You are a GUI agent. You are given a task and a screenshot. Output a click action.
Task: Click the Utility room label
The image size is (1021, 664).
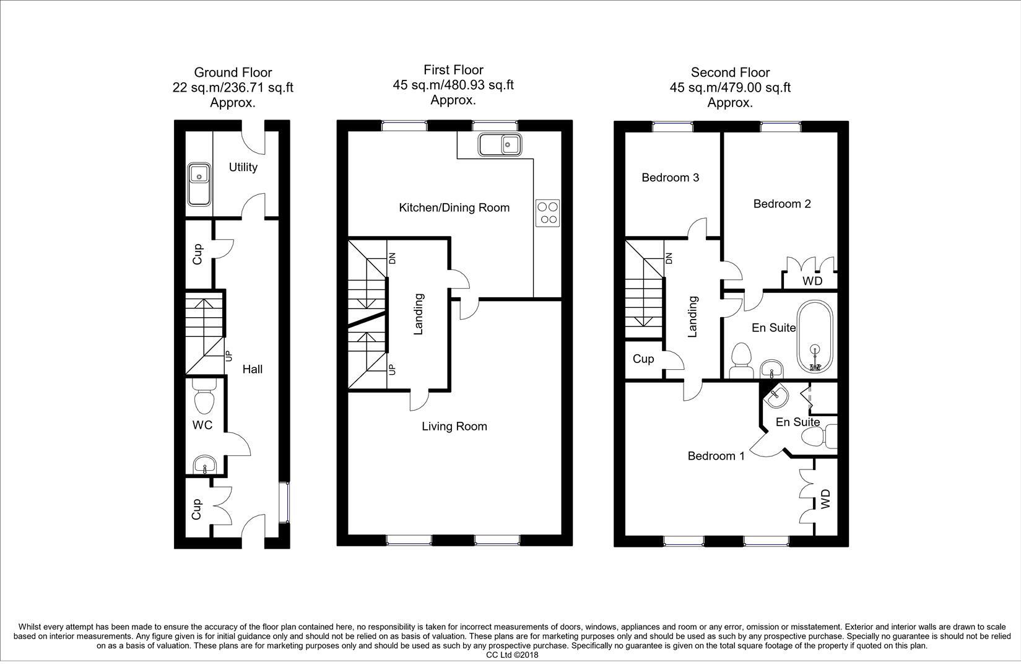pyautogui.click(x=243, y=167)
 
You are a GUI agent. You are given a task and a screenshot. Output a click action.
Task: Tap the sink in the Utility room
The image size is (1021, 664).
pyautogui.click(x=199, y=183)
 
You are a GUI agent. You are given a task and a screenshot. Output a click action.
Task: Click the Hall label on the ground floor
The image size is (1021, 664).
pyautogui.click(x=252, y=369)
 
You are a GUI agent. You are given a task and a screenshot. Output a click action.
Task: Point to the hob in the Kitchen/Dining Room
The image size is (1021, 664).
pyautogui.click(x=547, y=212)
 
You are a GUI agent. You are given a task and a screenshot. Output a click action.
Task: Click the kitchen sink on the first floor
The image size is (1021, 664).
pyautogui.click(x=500, y=145)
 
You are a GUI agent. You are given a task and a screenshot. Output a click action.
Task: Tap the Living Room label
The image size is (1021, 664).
pyautogui.click(x=454, y=426)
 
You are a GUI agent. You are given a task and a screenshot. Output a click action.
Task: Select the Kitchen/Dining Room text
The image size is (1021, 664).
pyautogui.click(x=454, y=207)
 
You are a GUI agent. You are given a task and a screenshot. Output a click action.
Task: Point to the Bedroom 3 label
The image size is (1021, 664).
pyautogui.click(x=670, y=178)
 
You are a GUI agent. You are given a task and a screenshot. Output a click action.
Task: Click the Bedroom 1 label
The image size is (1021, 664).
pyautogui.click(x=716, y=456)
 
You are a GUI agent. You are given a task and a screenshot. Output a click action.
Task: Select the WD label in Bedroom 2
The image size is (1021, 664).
pyautogui.click(x=812, y=281)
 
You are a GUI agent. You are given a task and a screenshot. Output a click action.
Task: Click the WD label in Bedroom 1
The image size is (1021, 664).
pyautogui.click(x=825, y=499)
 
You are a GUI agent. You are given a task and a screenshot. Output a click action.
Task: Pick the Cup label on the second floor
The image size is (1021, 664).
pyautogui.click(x=643, y=359)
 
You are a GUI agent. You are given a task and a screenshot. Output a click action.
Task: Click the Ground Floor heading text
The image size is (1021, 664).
pyautogui.click(x=233, y=72)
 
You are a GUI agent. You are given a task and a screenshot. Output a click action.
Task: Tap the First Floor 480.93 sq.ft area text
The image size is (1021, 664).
pyautogui.click(x=453, y=85)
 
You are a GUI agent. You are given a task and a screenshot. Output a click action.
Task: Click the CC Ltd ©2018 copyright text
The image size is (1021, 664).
pyautogui.click(x=512, y=655)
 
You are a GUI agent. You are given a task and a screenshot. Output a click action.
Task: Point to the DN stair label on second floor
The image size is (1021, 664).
pyautogui.click(x=668, y=258)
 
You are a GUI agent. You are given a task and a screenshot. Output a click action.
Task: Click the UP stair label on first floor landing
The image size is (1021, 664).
pyautogui.click(x=391, y=370)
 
